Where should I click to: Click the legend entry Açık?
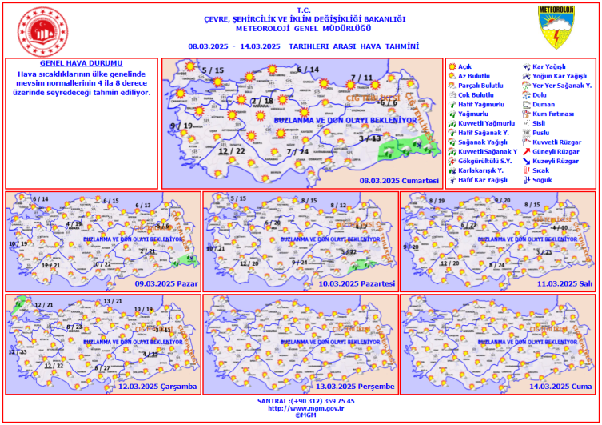(x=464, y=66)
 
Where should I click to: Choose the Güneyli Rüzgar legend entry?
(x=555, y=151)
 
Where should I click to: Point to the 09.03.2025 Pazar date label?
(x=166, y=283)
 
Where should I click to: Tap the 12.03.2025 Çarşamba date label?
(x=158, y=387)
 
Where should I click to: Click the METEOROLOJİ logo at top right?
(x=555, y=22)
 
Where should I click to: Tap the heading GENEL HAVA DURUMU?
(x=82, y=62)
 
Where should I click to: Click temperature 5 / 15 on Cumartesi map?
(x=213, y=71)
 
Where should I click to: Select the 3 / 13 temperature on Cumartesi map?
(x=370, y=138)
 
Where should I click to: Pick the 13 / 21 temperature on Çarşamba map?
(x=113, y=301)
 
